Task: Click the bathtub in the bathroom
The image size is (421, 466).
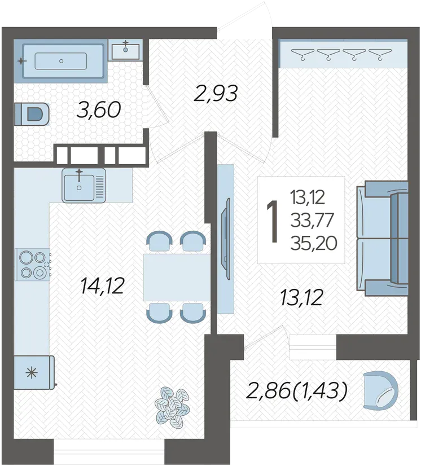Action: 60,61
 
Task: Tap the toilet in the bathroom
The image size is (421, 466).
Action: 32,114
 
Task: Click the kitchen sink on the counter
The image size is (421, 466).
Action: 84,185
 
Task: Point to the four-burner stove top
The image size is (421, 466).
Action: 32,265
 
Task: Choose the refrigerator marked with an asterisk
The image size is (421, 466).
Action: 34,372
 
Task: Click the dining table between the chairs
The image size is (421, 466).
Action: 177,277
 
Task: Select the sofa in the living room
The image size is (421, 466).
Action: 383,238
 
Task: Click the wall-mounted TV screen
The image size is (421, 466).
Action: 226,239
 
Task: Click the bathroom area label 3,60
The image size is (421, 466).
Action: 99,109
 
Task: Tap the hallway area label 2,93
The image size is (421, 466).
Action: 216,93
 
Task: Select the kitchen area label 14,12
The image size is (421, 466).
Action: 102,286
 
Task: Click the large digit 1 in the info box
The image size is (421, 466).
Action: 273,220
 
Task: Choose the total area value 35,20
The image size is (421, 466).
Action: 314,244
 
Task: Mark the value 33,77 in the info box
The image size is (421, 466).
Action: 312,220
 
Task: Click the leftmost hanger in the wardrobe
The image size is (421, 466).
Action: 302,55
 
